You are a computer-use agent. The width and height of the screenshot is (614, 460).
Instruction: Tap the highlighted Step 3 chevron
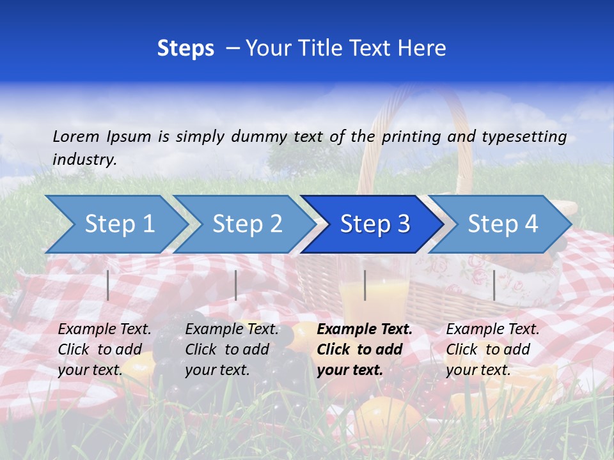pyautogui.click(x=375, y=224)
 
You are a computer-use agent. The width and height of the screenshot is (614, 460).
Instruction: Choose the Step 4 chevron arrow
pyautogui.click(x=503, y=224)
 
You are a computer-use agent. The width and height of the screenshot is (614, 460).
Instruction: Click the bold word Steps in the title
pyautogui.click(x=185, y=49)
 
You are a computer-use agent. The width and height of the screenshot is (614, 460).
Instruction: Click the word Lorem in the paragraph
pyautogui.click(x=75, y=136)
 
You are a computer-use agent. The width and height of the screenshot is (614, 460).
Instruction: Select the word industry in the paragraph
pyautogui.click(x=84, y=160)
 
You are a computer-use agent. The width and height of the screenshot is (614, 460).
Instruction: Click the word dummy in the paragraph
pyautogui.click(x=260, y=136)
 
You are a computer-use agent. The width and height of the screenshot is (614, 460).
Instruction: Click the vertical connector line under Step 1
pyautogui.click(x=108, y=285)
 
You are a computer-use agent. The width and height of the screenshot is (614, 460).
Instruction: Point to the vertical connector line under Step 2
pyautogui.click(x=236, y=285)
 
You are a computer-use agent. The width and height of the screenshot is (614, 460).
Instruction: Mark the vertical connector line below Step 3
pyautogui.click(x=365, y=285)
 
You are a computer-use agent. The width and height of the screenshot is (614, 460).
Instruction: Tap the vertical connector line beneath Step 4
pyautogui.click(x=494, y=285)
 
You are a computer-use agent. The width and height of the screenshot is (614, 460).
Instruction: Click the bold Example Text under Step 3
pyautogui.click(x=365, y=330)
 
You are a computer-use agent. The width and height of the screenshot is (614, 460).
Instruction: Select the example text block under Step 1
pyautogui.click(x=104, y=349)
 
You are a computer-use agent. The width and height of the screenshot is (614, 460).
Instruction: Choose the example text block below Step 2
pyautogui.click(x=232, y=349)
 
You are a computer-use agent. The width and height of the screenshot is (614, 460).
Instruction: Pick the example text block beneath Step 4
pyautogui.click(x=492, y=349)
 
